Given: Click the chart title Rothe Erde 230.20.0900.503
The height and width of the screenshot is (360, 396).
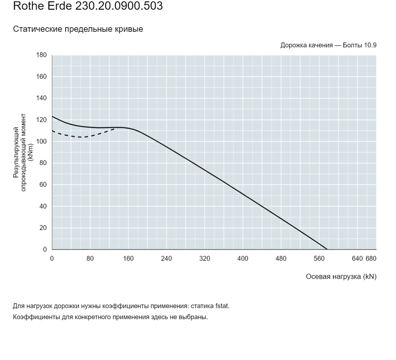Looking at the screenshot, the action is (x=88, y=6).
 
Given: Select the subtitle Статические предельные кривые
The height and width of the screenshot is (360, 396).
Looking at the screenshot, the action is (x=78, y=29).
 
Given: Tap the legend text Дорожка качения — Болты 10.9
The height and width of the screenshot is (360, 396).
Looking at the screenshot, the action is (x=328, y=45).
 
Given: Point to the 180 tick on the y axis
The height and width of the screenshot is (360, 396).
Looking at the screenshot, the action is (x=41, y=55).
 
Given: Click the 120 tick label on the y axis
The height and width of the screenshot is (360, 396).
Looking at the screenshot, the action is (x=41, y=120).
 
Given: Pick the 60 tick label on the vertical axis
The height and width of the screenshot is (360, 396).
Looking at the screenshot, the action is (x=43, y=185).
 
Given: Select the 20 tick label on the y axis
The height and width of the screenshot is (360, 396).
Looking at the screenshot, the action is (x=43, y=228).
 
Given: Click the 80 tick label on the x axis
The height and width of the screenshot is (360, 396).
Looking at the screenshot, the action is (x=90, y=259).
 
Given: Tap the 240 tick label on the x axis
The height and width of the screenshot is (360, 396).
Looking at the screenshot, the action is (x=166, y=259).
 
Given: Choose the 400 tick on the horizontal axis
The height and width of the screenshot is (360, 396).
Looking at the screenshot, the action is (x=243, y=259).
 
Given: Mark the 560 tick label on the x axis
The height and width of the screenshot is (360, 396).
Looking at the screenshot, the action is (x=319, y=259).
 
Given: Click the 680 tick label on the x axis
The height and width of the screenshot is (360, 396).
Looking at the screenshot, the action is (x=371, y=259).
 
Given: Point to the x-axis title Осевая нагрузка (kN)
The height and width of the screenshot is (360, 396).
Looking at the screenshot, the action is (x=341, y=277).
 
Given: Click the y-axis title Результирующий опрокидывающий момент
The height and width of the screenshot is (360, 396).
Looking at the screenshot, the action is (x=20, y=153).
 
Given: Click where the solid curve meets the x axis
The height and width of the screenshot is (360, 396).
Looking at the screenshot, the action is (x=327, y=249).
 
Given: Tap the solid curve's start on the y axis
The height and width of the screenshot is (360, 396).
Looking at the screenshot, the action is (x=52, y=116).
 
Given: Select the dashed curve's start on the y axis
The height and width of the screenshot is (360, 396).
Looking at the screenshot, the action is (x=52, y=131).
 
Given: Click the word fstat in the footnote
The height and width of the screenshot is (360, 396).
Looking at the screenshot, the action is (x=222, y=306).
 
